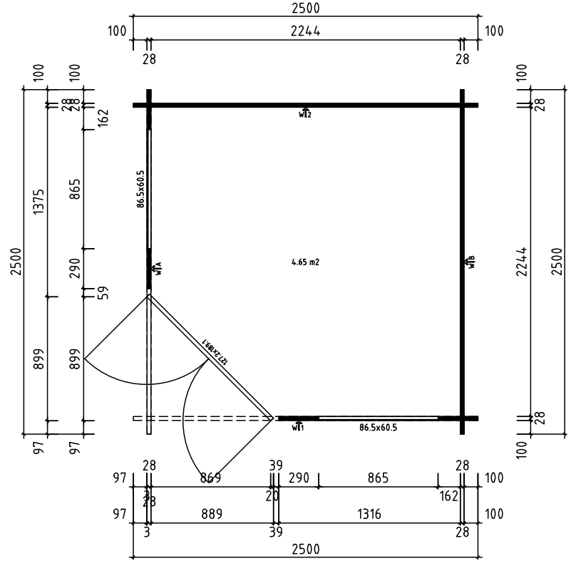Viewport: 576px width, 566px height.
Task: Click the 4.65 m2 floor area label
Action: tap(305, 262)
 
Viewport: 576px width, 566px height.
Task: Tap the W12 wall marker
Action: tap(305, 113)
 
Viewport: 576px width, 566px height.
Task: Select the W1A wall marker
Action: tap(157, 268)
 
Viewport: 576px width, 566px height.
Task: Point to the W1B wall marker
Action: tap(470, 261)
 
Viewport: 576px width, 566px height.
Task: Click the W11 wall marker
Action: tap(298, 426)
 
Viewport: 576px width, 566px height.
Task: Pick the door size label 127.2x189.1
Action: tap(214, 351)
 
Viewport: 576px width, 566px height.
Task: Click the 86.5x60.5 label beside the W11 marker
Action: tap(378, 428)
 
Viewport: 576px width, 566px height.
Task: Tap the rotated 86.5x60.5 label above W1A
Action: tap(141, 189)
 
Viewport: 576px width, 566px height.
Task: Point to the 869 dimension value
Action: tap(210, 478)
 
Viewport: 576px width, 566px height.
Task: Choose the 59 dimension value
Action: tap(102, 292)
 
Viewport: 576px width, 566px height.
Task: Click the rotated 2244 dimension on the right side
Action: tap(523, 262)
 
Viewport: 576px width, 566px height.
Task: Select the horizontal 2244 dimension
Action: tap(305, 31)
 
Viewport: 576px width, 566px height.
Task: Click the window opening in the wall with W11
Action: tap(378, 418)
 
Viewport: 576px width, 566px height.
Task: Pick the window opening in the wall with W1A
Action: tap(149, 189)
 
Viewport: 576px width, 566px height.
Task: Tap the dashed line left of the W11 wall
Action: tap(207, 418)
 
